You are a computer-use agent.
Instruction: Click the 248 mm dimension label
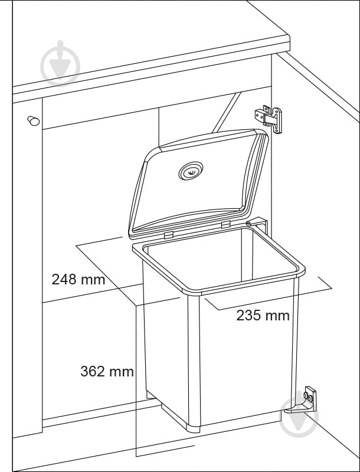pos(78,279)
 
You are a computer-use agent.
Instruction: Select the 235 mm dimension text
pos(263,316)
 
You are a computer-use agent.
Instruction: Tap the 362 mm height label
pos(107,372)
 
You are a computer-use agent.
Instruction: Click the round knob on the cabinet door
pos(34,121)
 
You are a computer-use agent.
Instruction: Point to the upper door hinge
pos(269,119)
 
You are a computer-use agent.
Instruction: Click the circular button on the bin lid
pos(191,171)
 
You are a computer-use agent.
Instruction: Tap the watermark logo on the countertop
pos(60,63)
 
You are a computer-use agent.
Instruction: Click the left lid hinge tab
pos(169,235)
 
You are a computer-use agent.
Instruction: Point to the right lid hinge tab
pos(226,224)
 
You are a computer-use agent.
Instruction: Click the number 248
pos(64,279)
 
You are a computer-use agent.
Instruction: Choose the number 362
pos(93,372)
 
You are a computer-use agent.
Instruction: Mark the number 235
pos(248,316)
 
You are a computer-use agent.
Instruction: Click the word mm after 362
pos(121,372)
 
